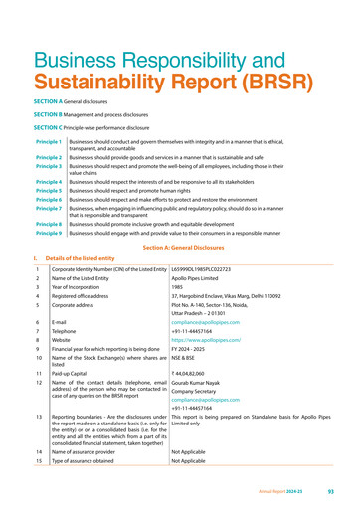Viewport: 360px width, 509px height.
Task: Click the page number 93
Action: point(339,491)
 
